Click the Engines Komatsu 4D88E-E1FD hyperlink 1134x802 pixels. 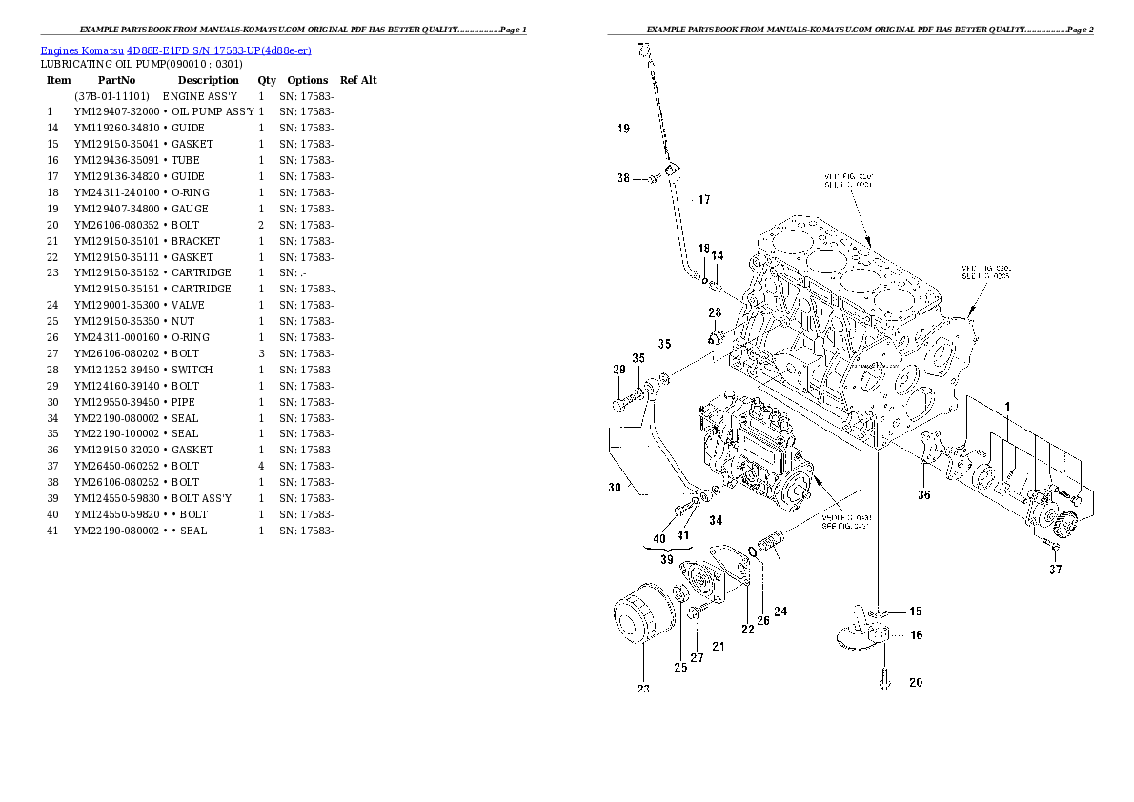pos(175,50)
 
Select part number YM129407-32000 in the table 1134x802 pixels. pos(116,111)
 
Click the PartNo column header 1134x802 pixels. pos(116,80)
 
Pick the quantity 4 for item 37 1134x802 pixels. pos(261,466)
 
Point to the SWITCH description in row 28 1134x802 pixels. pos(192,370)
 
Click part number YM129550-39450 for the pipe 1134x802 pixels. pos(116,402)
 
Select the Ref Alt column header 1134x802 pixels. pos(358,80)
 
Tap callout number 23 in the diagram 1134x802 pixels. pos(643,689)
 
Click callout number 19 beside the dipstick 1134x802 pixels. pos(623,128)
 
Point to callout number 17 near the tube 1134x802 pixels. pos(703,200)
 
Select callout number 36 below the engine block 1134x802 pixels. pos(923,495)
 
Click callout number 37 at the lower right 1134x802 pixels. pos(1055,571)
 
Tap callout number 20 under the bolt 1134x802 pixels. pos(915,682)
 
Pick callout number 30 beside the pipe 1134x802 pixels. pos(615,487)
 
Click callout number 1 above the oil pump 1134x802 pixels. pos(1007,407)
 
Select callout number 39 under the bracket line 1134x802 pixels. pos(666,561)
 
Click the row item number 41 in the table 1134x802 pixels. pos(52,531)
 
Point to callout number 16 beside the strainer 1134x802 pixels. pos(916,634)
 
